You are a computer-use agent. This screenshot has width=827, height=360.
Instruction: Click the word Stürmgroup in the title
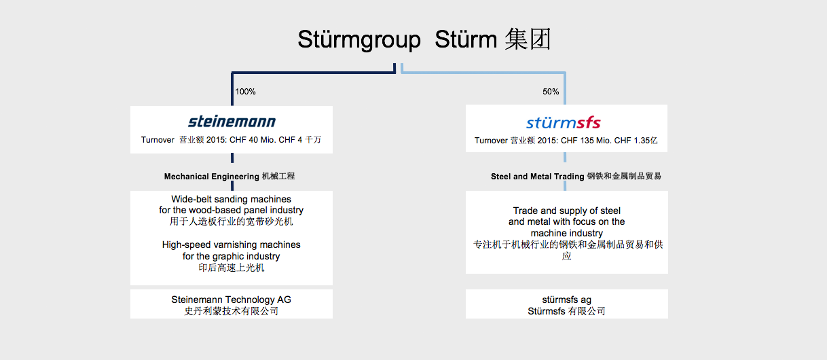point(359,40)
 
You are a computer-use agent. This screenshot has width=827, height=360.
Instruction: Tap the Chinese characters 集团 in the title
point(528,39)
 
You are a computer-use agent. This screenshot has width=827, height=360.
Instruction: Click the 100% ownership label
point(246,92)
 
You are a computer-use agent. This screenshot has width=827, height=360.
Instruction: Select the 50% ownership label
point(551,92)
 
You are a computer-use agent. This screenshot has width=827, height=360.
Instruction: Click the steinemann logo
point(232,122)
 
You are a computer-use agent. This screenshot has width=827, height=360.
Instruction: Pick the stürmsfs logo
point(564,122)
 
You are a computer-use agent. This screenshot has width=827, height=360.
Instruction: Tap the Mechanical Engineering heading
point(212,177)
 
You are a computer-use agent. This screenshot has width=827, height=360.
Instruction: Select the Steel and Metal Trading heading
point(537,177)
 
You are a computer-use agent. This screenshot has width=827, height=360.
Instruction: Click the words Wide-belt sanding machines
point(231,200)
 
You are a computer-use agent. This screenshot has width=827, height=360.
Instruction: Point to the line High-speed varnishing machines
point(231,245)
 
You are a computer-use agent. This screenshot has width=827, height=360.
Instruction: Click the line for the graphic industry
point(231,256)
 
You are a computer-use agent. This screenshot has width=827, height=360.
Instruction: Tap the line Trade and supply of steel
point(567,211)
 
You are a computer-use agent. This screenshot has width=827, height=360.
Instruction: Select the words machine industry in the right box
point(567,234)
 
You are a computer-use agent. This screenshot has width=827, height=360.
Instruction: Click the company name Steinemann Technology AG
point(231,300)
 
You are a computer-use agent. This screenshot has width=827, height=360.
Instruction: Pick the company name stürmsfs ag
point(567,300)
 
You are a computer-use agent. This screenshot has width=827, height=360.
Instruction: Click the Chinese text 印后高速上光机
point(231,268)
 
